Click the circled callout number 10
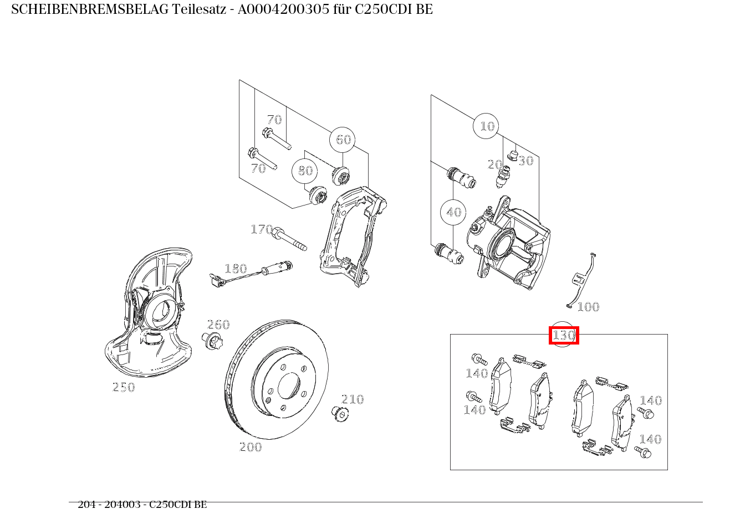[x=486, y=126]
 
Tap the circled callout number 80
[x=305, y=171]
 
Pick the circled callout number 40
[x=453, y=212]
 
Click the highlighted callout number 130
[x=564, y=335]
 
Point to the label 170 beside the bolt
[x=261, y=229]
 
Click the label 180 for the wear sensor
[x=235, y=269]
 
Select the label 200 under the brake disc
[x=250, y=447]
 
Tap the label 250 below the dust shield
[x=124, y=387]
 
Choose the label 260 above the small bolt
[x=218, y=325]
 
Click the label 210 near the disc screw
[x=353, y=399]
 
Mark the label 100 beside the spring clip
[x=588, y=307]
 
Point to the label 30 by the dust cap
[x=525, y=161]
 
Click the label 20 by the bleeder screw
[x=494, y=165]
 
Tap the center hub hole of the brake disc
[x=288, y=386]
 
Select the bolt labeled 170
[x=289, y=239]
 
